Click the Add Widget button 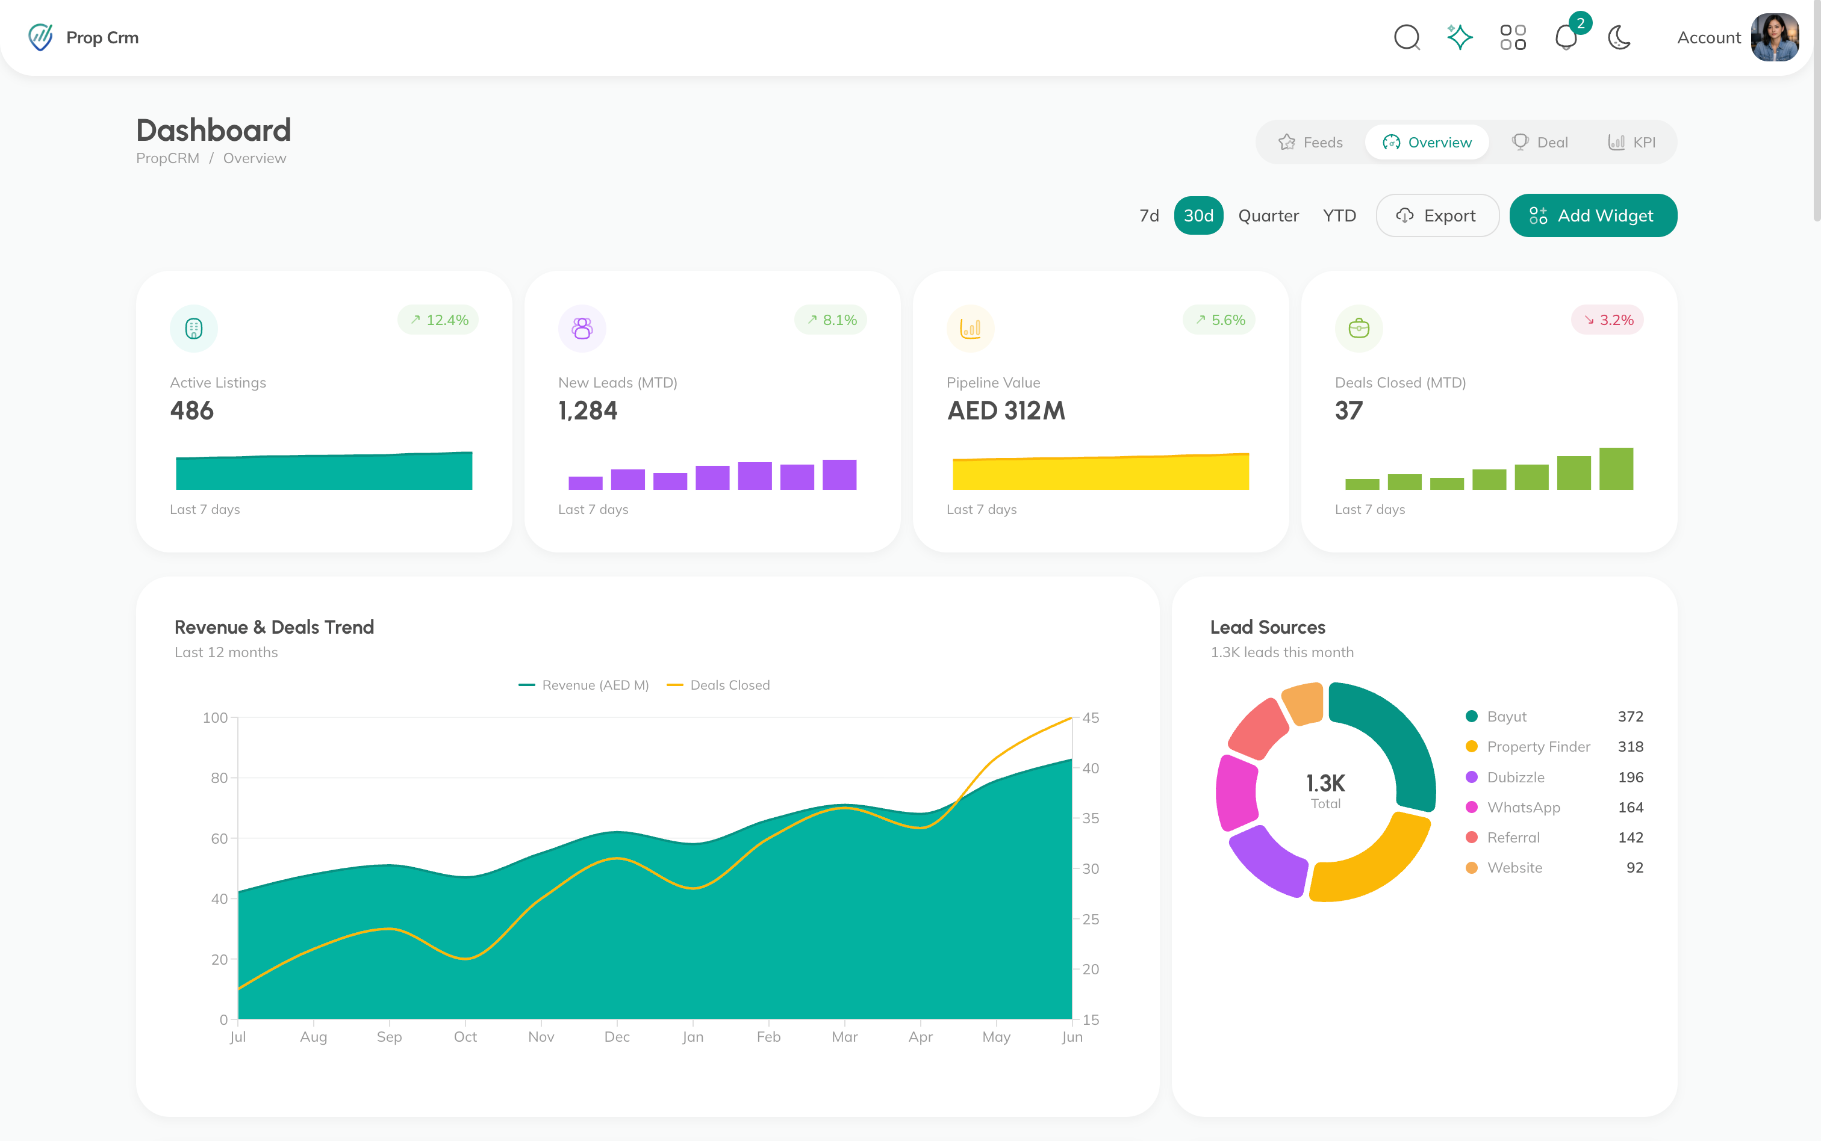(x=1593, y=216)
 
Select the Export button (x=1437, y=216)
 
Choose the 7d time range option (x=1149, y=216)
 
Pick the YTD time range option (x=1339, y=216)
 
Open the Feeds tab (x=1310, y=143)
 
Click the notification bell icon (x=1566, y=37)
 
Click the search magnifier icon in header (x=1407, y=37)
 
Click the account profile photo (x=1775, y=37)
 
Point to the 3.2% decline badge (x=1607, y=320)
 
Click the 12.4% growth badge (x=438, y=320)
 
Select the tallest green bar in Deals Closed (x=1616, y=469)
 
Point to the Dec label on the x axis (x=617, y=1037)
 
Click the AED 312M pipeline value (x=1006, y=410)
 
